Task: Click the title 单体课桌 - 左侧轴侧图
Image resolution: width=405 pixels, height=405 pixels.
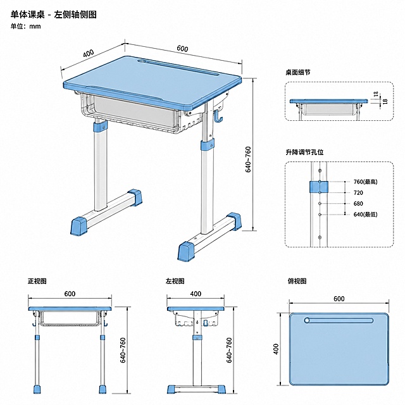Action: [53, 15]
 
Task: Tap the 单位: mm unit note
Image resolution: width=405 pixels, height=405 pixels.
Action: [25, 26]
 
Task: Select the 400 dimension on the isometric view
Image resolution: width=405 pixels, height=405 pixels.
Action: [89, 53]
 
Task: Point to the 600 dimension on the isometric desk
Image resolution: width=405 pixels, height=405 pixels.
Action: [182, 49]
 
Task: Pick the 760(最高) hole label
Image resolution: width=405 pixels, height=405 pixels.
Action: [366, 182]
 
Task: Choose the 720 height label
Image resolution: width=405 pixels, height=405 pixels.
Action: [358, 192]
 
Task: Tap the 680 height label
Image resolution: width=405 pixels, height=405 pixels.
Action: [358, 204]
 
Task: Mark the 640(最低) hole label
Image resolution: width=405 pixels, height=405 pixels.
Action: [366, 215]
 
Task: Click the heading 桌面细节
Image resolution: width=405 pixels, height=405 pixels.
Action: [298, 72]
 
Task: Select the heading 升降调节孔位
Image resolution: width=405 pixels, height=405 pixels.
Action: [304, 152]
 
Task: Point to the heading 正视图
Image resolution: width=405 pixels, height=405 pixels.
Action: [37, 281]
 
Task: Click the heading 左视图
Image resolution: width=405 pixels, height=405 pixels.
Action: [175, 281]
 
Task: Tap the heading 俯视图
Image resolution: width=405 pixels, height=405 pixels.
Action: [297, 281]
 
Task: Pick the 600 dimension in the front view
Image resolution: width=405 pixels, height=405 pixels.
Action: [70, 294]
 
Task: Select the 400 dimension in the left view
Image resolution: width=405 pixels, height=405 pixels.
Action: [196, 294]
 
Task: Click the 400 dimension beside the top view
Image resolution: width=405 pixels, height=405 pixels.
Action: [276, 349]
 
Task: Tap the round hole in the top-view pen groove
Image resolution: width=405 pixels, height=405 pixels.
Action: [307, 321]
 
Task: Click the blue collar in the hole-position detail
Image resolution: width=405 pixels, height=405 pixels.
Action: [319, 187]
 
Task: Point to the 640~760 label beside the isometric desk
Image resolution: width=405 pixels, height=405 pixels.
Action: [247, 159]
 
